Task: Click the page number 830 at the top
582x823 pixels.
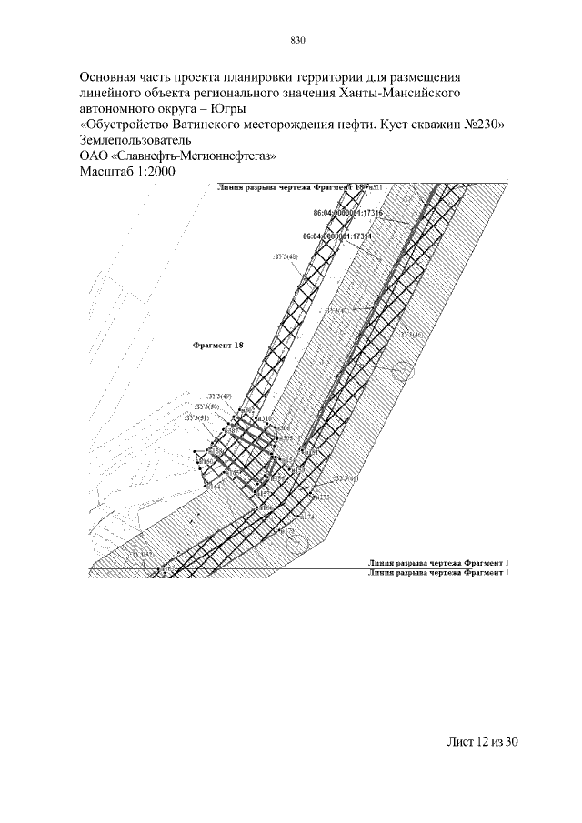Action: (297, 40)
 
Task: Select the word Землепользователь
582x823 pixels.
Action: (135, 141)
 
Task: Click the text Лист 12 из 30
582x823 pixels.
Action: (482, 742)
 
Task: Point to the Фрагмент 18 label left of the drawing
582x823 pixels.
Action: (221, 346)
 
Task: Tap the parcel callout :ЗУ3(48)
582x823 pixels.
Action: (285, 257)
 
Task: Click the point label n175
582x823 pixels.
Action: (320, 498)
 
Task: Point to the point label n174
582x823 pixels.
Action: (307, 517)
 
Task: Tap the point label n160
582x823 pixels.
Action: (207, 462)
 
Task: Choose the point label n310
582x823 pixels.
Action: (266, 418)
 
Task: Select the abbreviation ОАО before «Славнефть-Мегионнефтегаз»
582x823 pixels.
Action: (97, 156)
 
